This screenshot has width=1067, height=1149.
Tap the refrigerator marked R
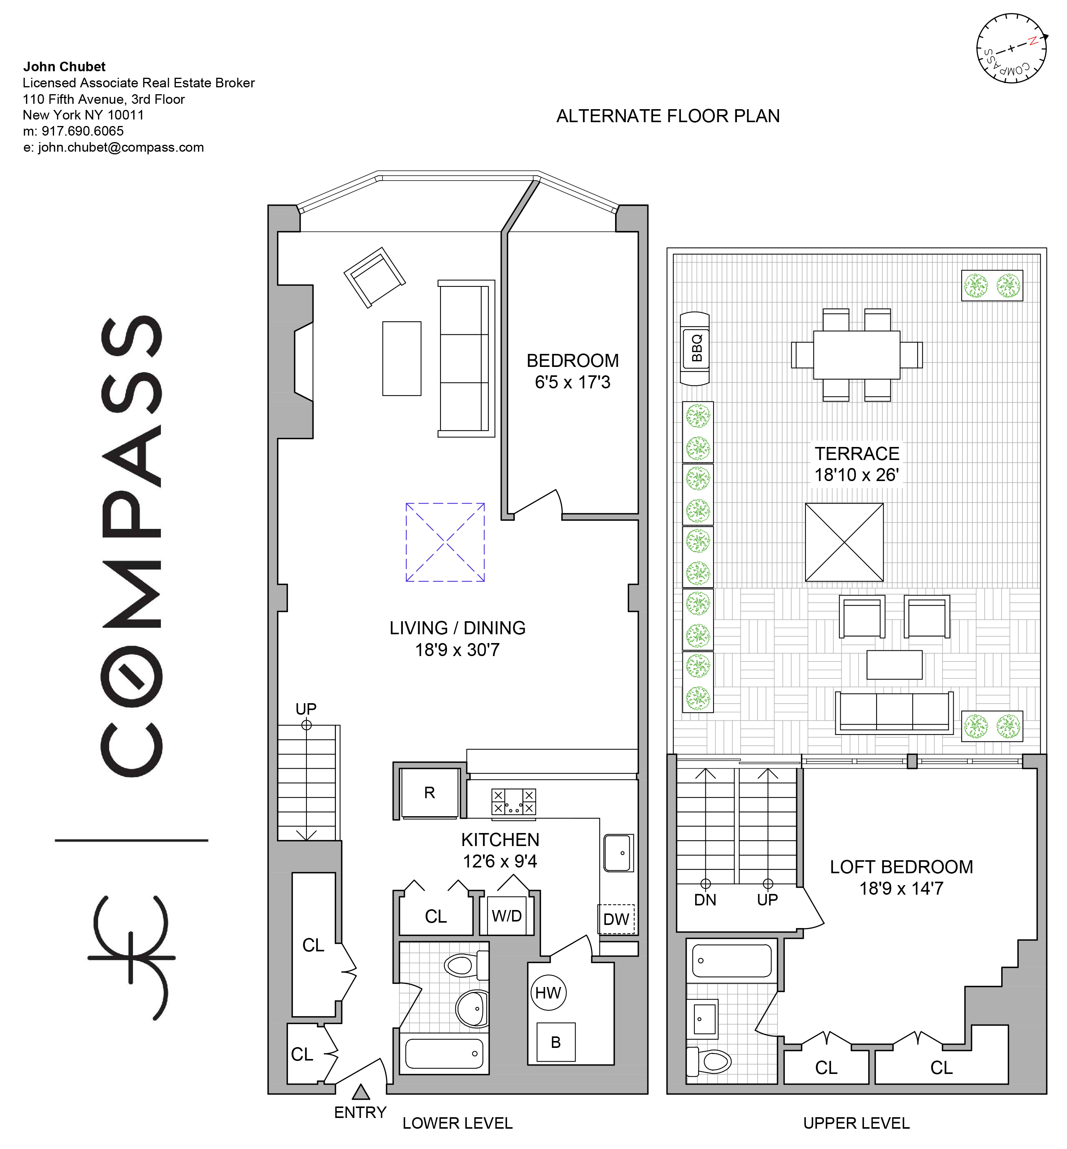[430, 793]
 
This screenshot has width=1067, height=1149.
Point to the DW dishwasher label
[616, 919]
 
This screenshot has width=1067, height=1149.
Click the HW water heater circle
[548, 992]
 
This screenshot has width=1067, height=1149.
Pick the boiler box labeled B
[555, 1042]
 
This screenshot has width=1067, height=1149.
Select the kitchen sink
[619, 853]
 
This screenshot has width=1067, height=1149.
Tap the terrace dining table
[857, 355]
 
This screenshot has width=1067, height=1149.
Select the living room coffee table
[402, 358]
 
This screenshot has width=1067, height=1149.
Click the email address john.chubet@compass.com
[121, 147]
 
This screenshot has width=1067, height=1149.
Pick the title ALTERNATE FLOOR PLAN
[668, 116]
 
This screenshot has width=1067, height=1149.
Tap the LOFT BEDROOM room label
[901, 867]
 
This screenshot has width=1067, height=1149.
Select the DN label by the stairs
[705, 900]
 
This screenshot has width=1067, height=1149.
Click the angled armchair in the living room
[375, 278]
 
